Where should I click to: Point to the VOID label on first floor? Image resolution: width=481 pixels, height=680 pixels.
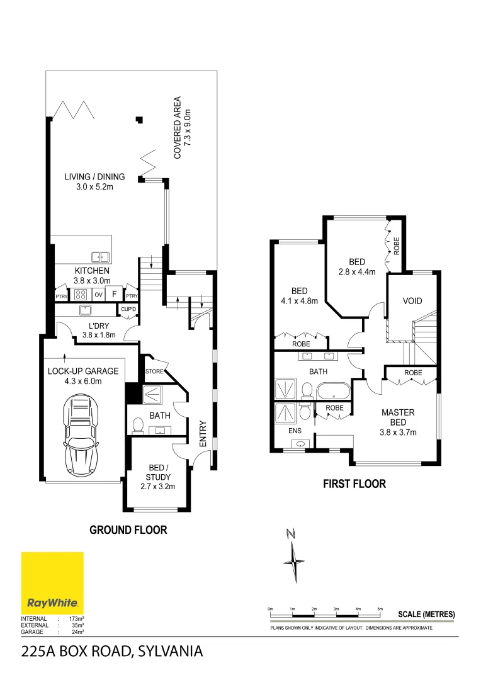(x=412, y=301)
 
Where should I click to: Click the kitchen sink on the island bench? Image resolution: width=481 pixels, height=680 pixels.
(x=99, y=256)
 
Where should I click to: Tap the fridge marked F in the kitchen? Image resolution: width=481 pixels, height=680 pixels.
(x=115, y=294)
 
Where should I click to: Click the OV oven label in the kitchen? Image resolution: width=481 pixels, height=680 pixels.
(x=98, y=294)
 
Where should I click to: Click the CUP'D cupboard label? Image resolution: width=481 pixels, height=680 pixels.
(x=128, y=309)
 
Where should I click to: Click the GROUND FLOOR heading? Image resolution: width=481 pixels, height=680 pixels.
(x=128, y=530)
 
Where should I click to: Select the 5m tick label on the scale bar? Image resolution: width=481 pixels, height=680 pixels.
(x=380, y=609)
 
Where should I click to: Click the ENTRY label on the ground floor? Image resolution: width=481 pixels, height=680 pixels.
(x=203, y=434)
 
